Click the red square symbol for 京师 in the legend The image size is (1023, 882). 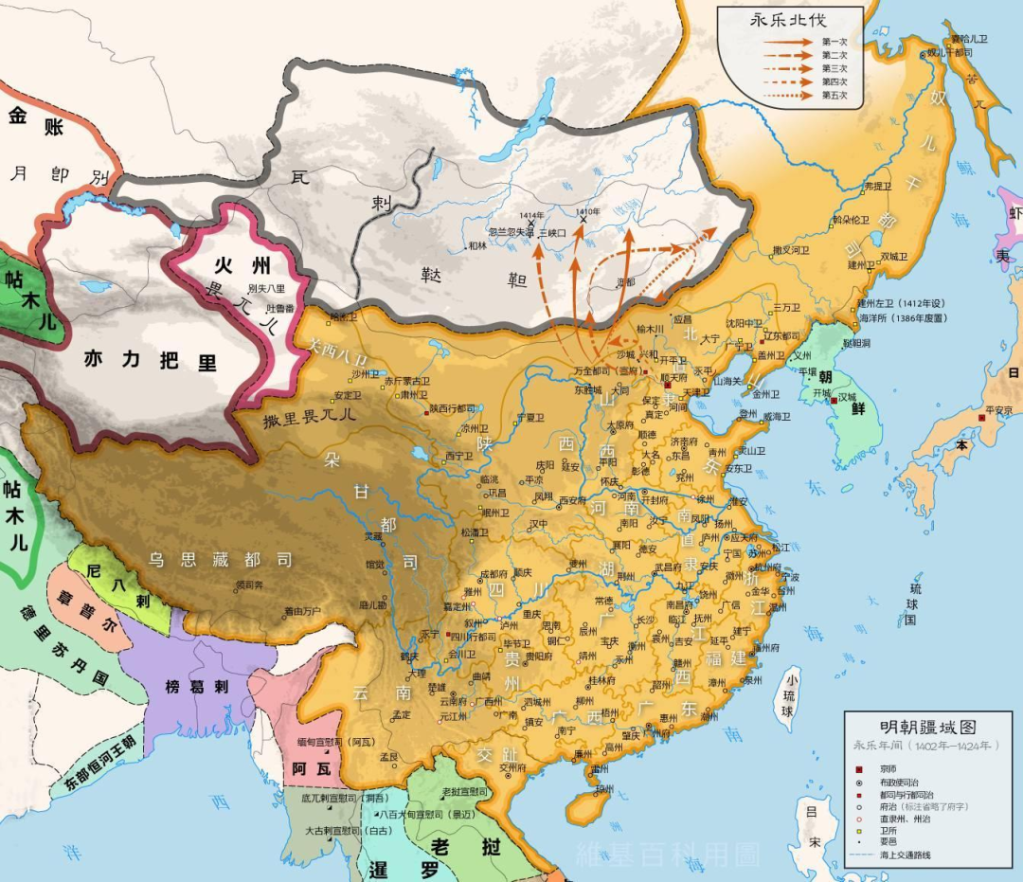pyautogui.click(x=859, y=768)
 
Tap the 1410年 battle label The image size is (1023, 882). pyautogui.click(x=587, y=211)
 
